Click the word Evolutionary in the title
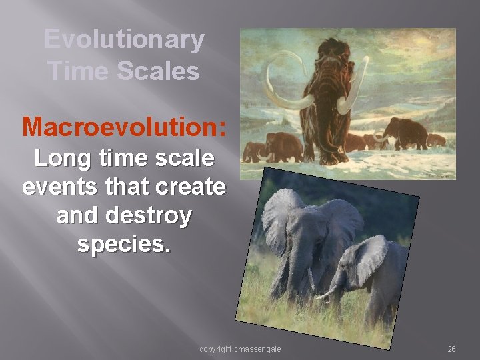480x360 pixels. click(124, 40)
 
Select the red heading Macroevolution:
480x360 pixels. click(124, 125)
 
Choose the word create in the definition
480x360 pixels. click(188, 187)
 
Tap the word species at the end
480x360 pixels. click(123, 244)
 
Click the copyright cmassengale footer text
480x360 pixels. click(240, 349)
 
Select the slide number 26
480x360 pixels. click(451, 349)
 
